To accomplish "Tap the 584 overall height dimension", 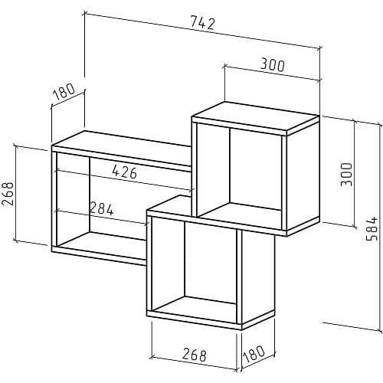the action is pos(372,229).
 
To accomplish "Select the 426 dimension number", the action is pos(125,172).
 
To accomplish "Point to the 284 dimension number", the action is pos(101,208).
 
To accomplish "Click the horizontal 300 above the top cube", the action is pos(272,65).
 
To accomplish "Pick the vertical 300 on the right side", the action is pos(346,175).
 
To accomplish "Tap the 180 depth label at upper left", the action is pos(64,92).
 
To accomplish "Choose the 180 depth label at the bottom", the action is pos(254,353).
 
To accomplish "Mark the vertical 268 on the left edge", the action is pos(8,194).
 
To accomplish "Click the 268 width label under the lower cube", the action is pos(195,355).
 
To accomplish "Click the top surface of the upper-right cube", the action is pos(255,116).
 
